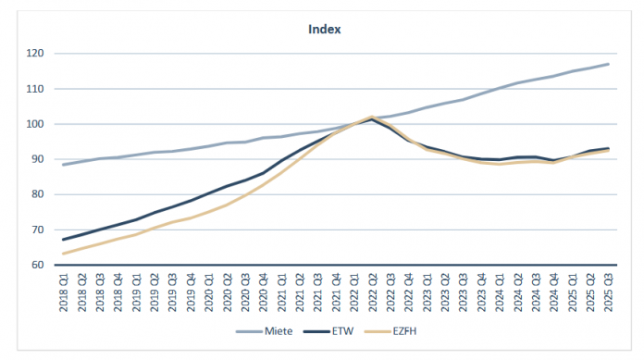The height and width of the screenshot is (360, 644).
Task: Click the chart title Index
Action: [x=325, y=29]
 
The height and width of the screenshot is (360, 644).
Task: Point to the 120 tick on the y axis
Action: [x=37, y=54]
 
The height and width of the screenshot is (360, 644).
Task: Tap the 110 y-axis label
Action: [x=37, y=89]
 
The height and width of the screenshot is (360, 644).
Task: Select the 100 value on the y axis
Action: [x=37, y=124]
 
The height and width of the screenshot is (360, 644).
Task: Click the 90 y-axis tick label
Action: [x=39, y=159]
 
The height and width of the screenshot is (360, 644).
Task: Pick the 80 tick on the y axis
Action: [x=39, y=194]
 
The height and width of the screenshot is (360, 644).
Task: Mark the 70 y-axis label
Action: [x=39, y=230]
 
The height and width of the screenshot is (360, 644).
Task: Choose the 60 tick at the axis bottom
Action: [x=39, y=265]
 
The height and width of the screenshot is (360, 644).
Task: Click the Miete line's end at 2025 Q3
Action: [x=608, y=64]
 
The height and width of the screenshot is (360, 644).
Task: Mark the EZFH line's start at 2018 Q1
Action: [x=63, y=254]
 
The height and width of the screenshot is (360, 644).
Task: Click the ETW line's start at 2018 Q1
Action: [x=63, y=240]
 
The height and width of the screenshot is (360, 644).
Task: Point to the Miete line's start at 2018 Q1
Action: [x=63, y=165]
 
